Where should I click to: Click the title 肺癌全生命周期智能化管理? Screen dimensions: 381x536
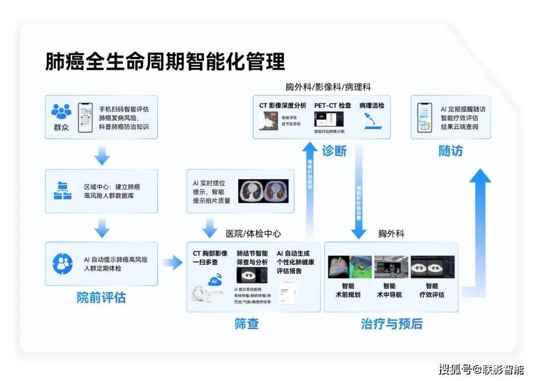pos(165,62)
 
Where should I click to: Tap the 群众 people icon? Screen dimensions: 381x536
pos(62,112)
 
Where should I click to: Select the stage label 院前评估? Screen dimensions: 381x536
pos(101,298)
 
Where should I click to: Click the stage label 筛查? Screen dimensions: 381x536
pos(247,324)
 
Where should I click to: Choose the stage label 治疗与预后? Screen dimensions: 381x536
pos(392,324)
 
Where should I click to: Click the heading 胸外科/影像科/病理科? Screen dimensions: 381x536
pos(328,87)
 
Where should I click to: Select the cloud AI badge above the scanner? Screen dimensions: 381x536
pos(214,280)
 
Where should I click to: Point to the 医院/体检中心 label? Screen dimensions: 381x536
pos(254,233)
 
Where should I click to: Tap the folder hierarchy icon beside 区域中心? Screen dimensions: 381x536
pos(63,191)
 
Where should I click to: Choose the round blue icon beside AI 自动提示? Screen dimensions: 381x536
pos(63,264)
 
